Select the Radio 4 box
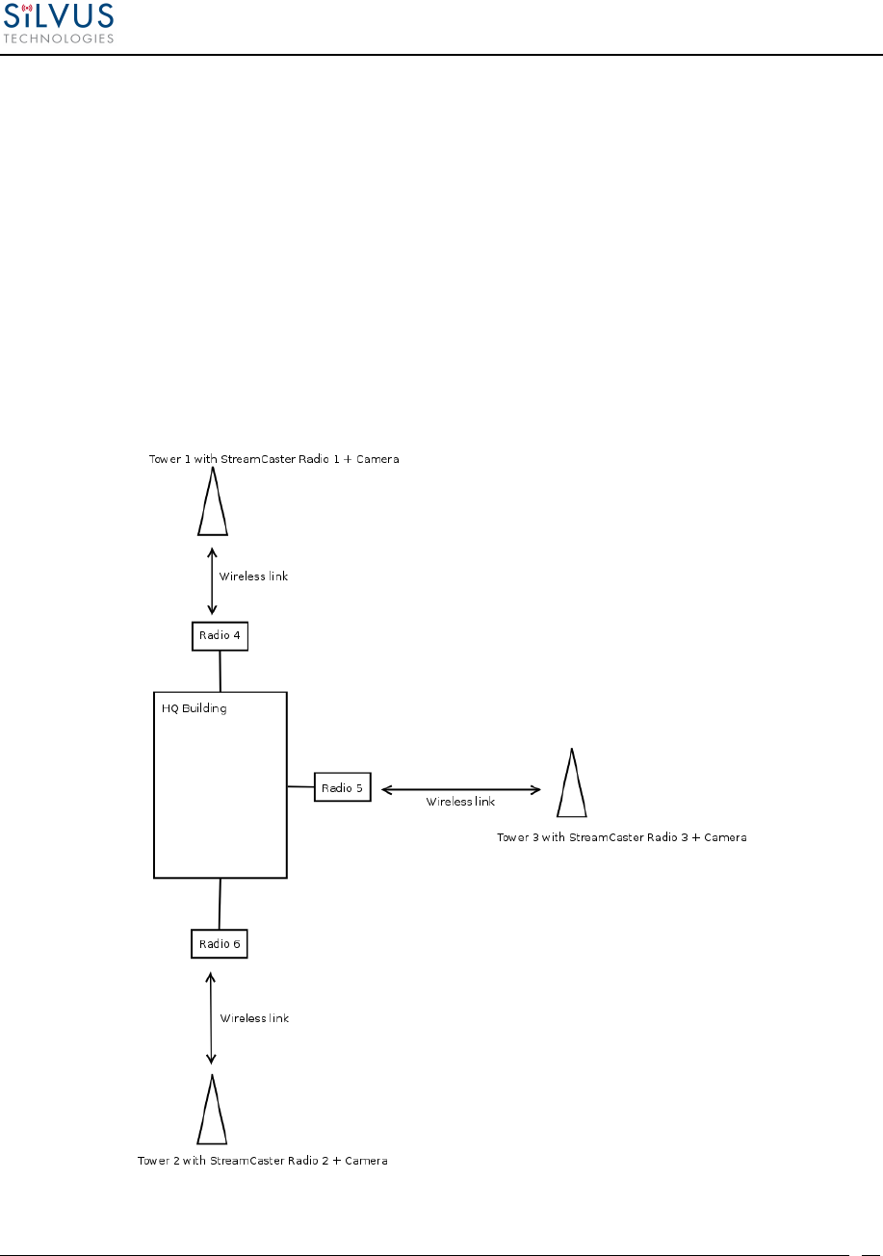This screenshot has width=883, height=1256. click(220, 635)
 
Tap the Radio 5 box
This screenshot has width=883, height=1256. click(342, 788)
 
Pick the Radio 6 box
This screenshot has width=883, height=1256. click(220, 944)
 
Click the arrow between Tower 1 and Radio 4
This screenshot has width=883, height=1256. click(212, 582)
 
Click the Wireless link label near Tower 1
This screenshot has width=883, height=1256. click(253, 577)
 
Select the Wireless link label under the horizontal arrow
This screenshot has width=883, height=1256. click(460, 802)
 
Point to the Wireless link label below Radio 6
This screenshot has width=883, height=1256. click(254, 1017)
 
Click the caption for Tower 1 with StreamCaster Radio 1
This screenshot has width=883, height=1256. click(273, 460)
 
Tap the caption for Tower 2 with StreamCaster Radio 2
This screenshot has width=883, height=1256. click(263, 1161)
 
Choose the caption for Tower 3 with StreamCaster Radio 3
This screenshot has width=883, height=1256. click(621, 837)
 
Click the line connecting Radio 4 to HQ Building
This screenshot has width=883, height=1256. click(221, 671)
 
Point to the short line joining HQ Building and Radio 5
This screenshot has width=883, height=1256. click(301, 787)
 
